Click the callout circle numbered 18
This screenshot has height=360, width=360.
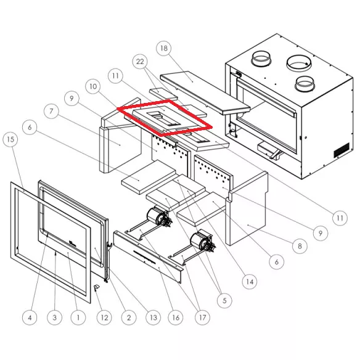pos(164,48)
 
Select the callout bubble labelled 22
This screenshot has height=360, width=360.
pos(140,62)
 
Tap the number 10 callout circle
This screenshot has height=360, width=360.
pos(93,86)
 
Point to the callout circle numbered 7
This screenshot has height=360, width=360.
pos(51,111)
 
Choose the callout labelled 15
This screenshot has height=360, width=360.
pos(10,139)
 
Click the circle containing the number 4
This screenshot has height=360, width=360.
pos(30,317)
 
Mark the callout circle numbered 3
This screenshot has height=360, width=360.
pos(54,317)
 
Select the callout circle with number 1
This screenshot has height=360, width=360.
pos(78,317)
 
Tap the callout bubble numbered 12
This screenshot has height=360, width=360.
pos(104,317)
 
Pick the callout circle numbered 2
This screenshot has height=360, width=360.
pos(129,317)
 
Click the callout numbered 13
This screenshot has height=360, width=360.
pos(153,317)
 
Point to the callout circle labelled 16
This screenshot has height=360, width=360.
pos(176,317)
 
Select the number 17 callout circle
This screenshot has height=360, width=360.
pos(202,317)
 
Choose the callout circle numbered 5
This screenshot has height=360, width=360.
pos(224,300)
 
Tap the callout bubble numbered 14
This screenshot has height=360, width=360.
pos(250,282)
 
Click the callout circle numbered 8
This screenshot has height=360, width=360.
pos(300,246)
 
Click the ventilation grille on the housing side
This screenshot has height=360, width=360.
pos(342,150)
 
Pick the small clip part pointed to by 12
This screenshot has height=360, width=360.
pos(97,287)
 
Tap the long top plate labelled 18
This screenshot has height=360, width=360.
pos(205,92)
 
